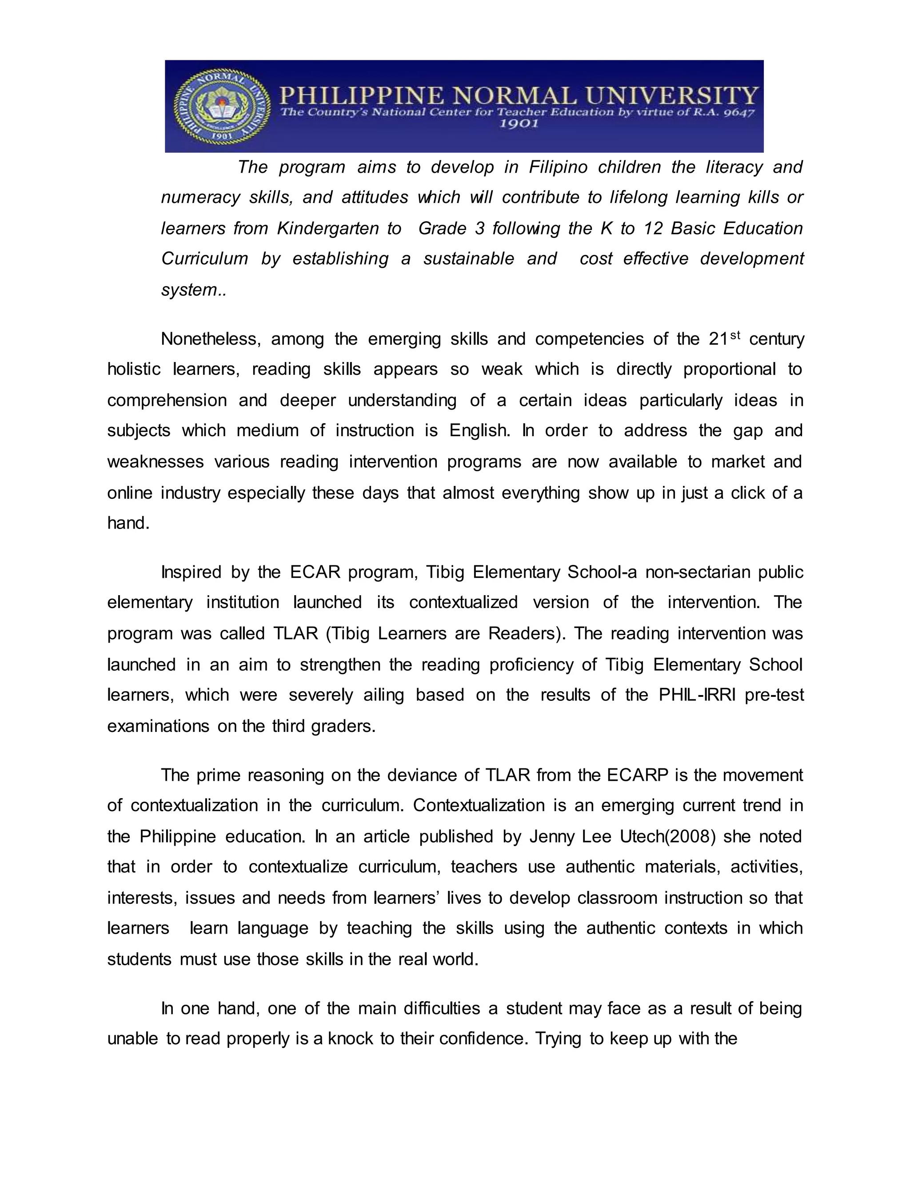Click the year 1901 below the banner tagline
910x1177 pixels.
tap(518, 124)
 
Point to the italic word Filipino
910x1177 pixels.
tap(558, 167)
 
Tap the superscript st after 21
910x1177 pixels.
tap(736, 335)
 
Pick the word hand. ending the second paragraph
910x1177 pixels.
tap(128, 523)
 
